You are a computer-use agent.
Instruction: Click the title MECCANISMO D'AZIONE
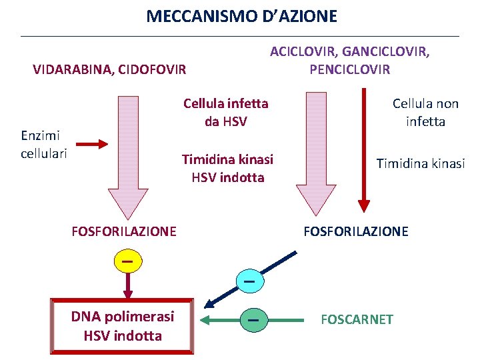click(x=241, y=16)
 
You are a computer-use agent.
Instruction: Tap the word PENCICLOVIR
click(x=349, y=69)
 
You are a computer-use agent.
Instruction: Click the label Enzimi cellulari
click(x=44, y=145)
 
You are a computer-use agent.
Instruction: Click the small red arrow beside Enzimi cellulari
click(x=91, y=143)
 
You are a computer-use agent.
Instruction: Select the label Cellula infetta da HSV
click(x=225, y=112)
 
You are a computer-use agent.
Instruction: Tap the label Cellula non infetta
click(x=425, y=112)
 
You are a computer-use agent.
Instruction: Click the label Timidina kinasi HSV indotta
click(x=227, y=169)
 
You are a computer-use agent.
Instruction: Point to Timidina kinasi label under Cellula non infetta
click(x=420, y=163)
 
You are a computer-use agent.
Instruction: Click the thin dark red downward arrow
click(x=364, y=150)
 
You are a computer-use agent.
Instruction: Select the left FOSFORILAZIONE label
click(x=123, y=231)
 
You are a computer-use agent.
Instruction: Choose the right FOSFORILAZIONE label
click(x=356, y=231)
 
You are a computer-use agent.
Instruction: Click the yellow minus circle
click(x=128, y=261)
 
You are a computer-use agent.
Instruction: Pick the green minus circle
click(x=253, y=321)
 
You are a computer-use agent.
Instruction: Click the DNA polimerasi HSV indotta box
click(x=123, y=325)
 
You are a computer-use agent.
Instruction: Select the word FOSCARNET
click(x=357, y=319)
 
